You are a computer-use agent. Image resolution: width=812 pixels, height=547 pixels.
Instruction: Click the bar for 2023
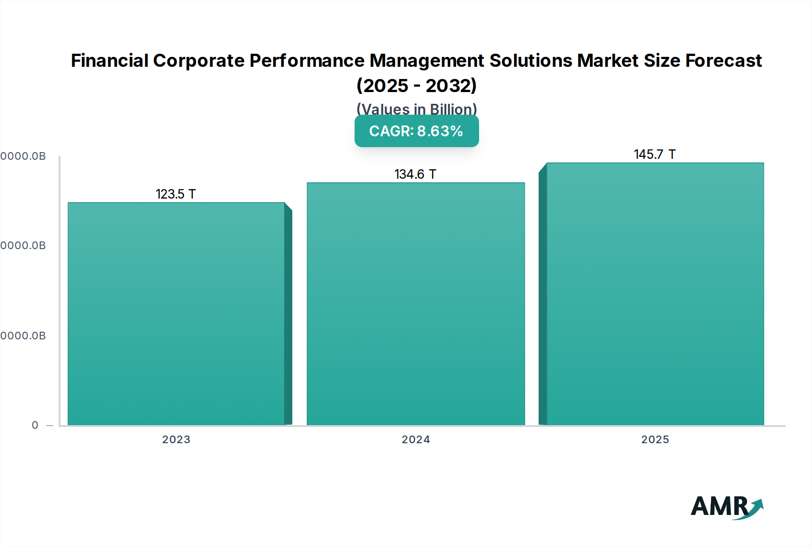(x=176, y=314)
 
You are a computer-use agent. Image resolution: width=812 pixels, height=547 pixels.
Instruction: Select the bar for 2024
(x=415, y=304)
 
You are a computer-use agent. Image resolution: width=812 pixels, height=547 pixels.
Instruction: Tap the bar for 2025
(x=655, y=294)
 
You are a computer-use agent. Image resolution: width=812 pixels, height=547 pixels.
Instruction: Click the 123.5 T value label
(x=175, y=194)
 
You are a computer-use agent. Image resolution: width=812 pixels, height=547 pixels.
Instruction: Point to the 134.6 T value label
(x=415, y=174)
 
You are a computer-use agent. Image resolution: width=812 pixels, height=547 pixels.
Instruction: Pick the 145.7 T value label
(x=655, y=154)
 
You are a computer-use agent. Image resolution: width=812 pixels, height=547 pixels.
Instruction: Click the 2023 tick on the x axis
(x=176, y=440)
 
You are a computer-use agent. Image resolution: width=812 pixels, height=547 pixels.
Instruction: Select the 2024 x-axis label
(x=415, y=440)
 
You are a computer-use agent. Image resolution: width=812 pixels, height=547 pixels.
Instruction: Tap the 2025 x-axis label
(x=655, y=440)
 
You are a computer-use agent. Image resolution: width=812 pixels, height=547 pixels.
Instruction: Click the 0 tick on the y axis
(x=35, y=425)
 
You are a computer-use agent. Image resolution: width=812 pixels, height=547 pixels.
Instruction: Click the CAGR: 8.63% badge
(x=416, y=131)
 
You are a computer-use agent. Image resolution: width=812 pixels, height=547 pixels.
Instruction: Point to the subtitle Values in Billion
(x=416, y=109)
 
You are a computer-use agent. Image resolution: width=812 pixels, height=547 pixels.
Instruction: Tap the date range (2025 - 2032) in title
(x=416, y=86)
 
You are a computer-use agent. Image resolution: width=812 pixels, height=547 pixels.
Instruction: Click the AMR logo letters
(x=719, y=506)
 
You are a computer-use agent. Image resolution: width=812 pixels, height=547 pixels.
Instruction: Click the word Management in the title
(x=427, y=60)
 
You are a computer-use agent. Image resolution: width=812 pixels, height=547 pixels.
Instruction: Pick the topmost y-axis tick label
(x=23, y=156)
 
